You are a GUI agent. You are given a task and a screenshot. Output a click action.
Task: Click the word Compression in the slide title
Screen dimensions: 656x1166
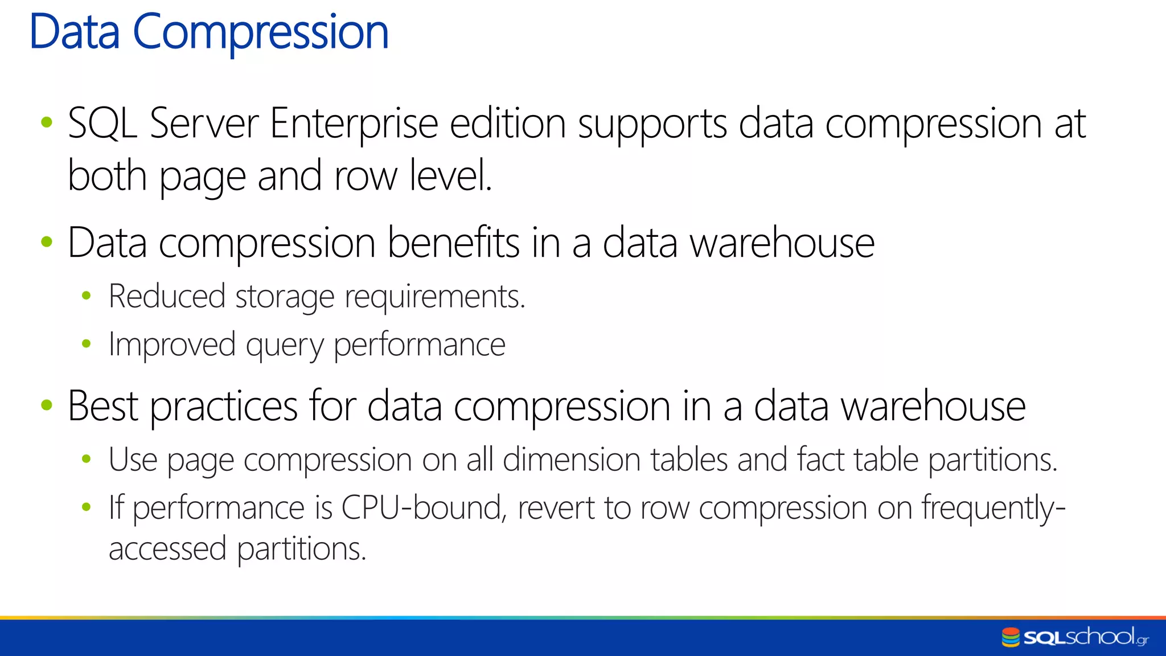click(260, 33)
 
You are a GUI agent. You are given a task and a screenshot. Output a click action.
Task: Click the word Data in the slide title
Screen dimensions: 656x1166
click(75, 32)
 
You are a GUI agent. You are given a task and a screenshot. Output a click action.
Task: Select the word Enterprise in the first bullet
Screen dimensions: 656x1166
click(354, 123)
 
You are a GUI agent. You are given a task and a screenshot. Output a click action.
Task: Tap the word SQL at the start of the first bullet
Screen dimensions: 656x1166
click(102, 123)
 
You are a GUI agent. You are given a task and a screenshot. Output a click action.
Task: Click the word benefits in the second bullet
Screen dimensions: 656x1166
click(453, 243)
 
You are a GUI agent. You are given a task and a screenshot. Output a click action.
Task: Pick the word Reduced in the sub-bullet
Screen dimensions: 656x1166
click(167, 297)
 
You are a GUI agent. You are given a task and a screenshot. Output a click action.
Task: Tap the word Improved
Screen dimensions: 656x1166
click(172, 345)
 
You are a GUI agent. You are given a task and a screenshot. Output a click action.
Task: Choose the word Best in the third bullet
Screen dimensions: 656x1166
click(103, 407)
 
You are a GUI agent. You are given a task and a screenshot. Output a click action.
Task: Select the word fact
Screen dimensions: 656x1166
click(820, 460)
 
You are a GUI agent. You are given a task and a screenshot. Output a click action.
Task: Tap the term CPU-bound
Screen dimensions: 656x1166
click(422, 507)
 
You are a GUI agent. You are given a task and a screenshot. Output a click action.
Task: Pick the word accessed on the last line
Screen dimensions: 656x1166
click(167, 549)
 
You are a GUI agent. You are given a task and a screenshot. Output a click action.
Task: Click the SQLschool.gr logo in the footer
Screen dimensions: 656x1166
click(1075, 637)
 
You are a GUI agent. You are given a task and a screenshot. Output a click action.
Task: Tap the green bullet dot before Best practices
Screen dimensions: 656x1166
click(47, 405)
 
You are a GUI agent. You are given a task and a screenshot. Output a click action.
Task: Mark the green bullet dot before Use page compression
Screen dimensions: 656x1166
click(87, 459)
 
